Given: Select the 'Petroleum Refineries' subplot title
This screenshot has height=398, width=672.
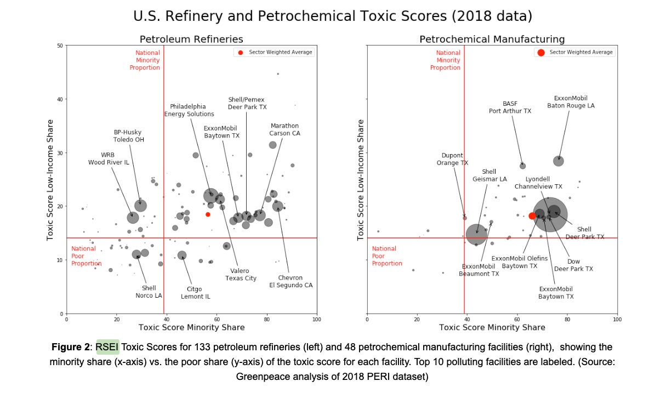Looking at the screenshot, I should tap(191, 39).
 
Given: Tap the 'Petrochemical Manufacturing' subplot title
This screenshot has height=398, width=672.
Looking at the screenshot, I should tap(492, 39).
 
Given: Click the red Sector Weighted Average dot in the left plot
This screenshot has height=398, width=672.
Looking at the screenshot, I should tap(208, 214).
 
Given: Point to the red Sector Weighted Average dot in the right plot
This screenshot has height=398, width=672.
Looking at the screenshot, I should tap(532, 216).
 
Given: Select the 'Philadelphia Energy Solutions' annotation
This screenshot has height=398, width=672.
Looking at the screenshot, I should tap(189, 110).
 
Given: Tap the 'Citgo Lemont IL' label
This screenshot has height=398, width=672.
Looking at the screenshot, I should tap(195, 293).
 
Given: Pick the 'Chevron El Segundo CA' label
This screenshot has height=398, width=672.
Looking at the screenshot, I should tap(291, 281).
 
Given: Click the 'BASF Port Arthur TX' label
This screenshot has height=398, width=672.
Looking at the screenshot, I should tap(510, 107).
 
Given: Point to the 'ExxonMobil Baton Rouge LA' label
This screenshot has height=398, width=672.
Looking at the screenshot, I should tap(571, 102).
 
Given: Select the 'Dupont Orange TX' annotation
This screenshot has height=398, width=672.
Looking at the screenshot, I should tap(452, 159).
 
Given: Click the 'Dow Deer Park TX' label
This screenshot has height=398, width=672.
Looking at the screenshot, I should tap(573, 265).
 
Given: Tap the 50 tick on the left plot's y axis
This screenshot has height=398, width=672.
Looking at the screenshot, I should tap(60, 46).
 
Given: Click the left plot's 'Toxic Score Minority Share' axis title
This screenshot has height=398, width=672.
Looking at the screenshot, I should tap(191, 327).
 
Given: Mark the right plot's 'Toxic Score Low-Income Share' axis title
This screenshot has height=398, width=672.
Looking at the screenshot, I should tap(361, 180).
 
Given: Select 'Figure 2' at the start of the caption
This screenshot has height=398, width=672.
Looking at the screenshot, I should tap(71, 347).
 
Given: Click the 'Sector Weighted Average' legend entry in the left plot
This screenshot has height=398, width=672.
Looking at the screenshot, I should tap(280, 52).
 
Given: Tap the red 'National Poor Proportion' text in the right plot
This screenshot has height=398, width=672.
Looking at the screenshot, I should tap(387, 256).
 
